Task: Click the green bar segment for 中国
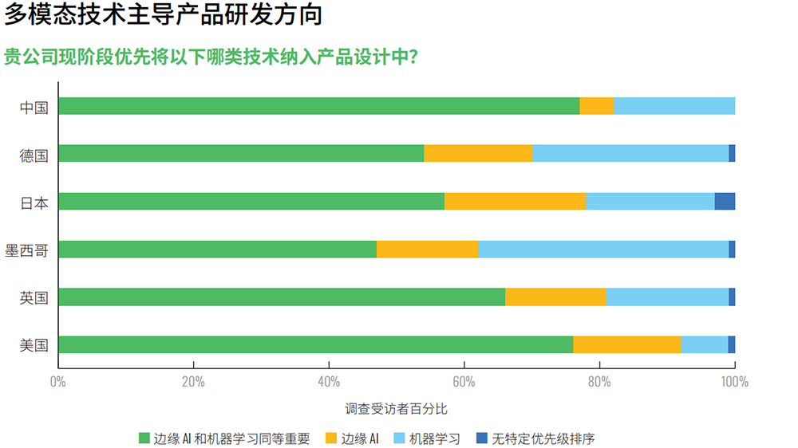click(318, 106)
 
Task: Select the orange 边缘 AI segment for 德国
click(478, 154)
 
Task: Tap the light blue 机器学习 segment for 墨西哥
click(603, 250)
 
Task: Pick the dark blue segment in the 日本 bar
click(725, 202)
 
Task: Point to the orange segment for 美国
click(626, 344)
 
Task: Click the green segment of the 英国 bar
click(282, 297)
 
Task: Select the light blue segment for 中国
click(674, 106)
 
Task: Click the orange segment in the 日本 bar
click(515, 202)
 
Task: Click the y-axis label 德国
click(34, 155)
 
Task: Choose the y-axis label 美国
click(34, 345)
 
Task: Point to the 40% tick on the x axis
click(329, 381)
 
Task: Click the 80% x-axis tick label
click(599, 381)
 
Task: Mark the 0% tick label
click(57, 381)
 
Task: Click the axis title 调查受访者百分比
click(396, 409)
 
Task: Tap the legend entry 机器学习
click(435, 438)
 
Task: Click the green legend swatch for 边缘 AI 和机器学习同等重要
click(144, 438)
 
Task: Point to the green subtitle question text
click(211, 58)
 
